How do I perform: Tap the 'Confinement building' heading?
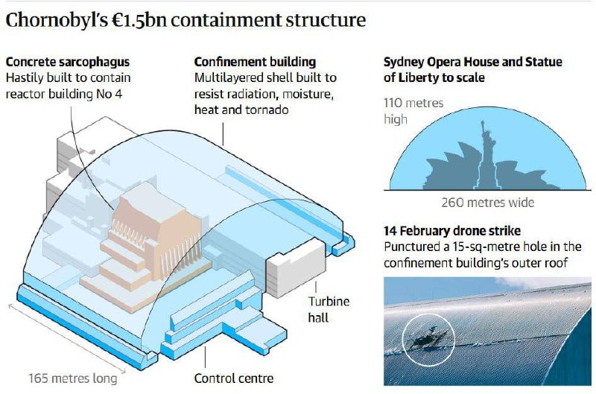coord(255,62)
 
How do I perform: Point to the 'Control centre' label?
coord(234,378)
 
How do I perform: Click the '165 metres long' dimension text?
coord(72,378)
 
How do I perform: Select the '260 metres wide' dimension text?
coord(487,202)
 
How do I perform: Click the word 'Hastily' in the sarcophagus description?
coord(25,77)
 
